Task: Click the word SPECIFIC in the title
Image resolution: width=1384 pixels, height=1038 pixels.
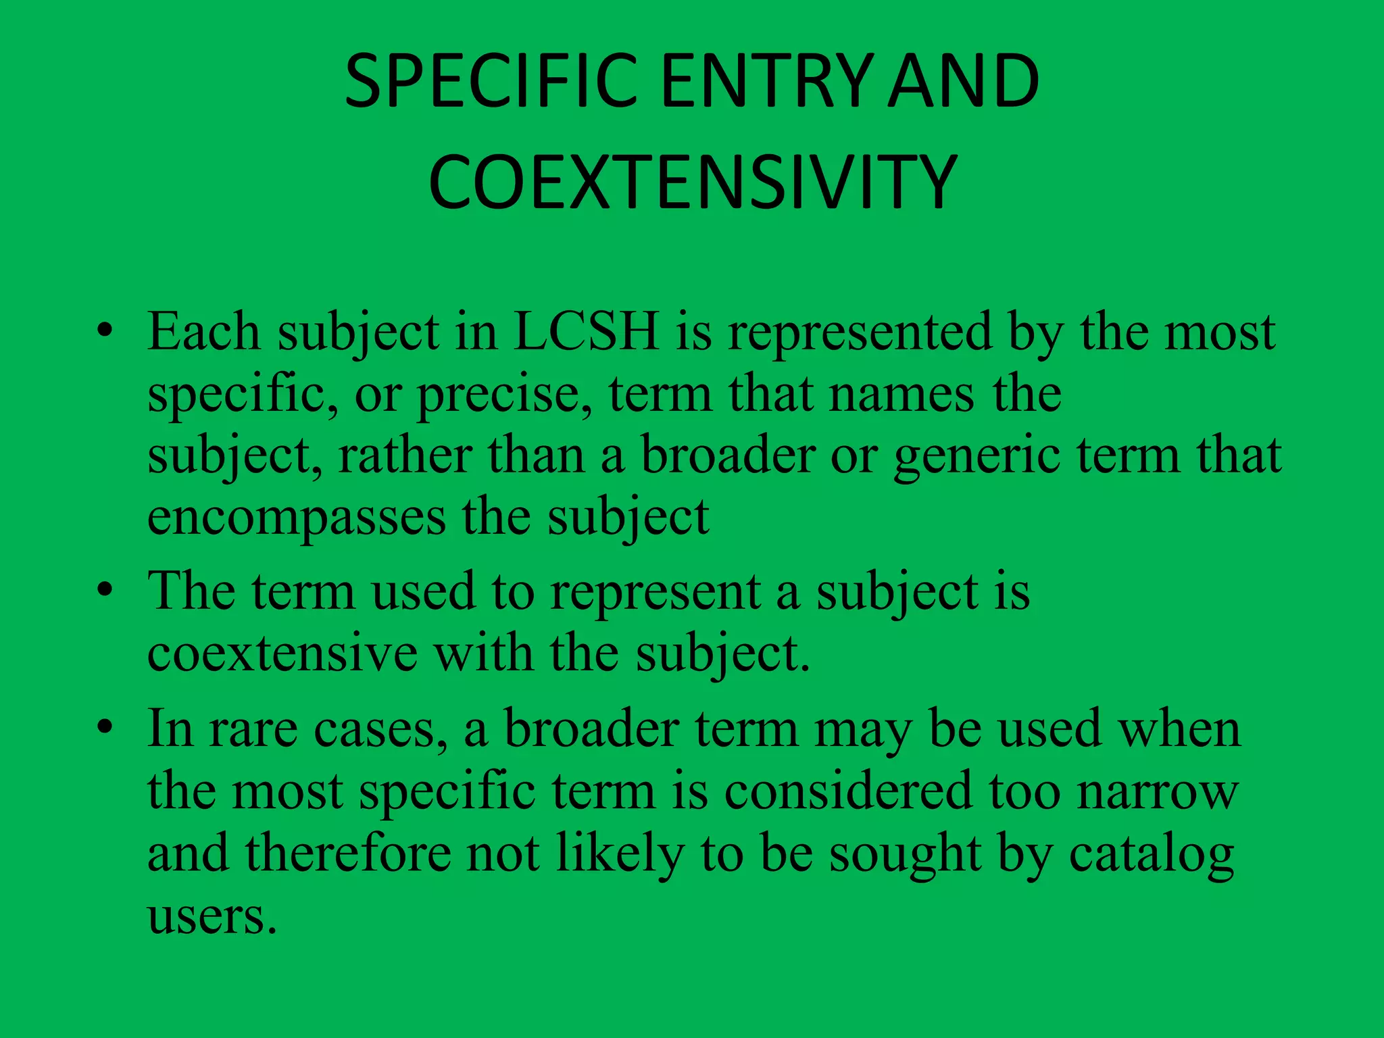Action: [x=491, y=82]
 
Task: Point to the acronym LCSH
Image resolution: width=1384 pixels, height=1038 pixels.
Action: [x=586, y=332]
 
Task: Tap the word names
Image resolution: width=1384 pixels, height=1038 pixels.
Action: [x=901, y=394]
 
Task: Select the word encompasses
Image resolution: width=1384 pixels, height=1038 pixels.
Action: [x=296, y=518]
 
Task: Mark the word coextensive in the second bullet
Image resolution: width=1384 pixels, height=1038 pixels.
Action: [x=282, y=653]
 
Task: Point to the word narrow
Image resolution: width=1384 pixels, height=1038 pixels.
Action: [x=1158, y=791]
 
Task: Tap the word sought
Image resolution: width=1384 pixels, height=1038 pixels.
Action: [x=905, y=854]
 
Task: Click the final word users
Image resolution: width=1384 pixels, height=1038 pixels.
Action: [x=212, y=916]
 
